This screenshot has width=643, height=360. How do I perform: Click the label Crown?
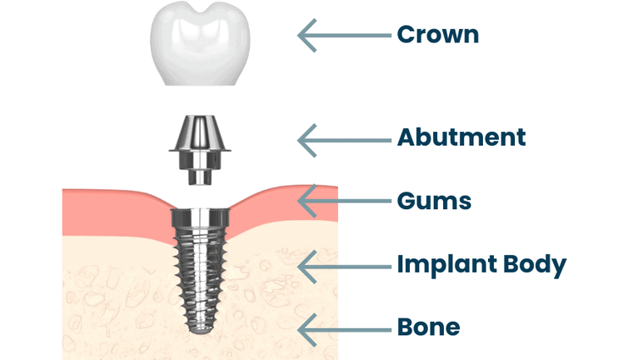(x=438, y=35)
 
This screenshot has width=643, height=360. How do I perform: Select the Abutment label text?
(x=461, y=137)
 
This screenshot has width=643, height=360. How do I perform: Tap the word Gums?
(x=435, y=201)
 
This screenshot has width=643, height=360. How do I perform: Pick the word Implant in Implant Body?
(x=443, y=266)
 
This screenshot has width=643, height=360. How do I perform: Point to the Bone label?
(x=428, y=327)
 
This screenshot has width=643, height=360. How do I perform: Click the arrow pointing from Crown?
(x=344, y=35)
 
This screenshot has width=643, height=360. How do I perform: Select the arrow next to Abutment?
(x=344, y=137)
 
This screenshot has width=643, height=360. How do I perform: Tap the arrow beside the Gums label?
(x=344, y=201)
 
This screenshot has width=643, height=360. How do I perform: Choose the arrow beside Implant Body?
(x=344, y=266)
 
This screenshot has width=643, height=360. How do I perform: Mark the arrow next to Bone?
(x=344, y=327)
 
